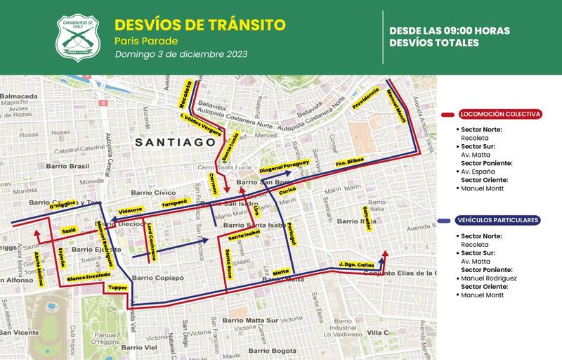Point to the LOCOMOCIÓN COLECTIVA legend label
499,114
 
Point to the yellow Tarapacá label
174,202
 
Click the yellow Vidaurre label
131,210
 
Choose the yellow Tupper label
117,287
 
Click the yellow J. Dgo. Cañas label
351,264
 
